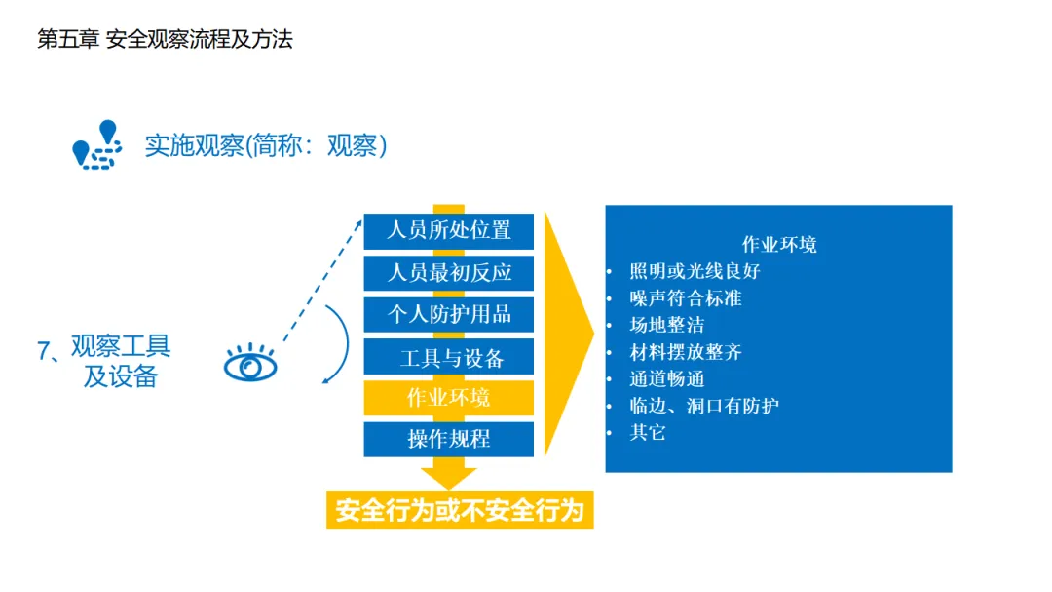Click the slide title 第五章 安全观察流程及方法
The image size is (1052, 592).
pos(165,40)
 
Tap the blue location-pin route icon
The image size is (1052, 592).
pos(96,145)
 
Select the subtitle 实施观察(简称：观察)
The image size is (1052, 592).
pos(266,145)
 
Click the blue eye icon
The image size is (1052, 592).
pos(250,365)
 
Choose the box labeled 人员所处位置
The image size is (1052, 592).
pos(449,231)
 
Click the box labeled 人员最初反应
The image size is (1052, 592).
pos(449,273)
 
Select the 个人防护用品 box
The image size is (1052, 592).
pos(449,315)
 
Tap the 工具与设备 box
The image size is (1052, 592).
pos(449,357)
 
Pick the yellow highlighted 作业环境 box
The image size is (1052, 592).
pos(449,398)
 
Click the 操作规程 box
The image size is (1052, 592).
pos(449,439)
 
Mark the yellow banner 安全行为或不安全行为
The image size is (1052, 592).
pos(460,510)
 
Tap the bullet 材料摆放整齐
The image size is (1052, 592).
pos(685,351)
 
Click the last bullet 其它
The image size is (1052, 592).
pos(648,432)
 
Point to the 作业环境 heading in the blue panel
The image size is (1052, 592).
pos(778,244)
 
